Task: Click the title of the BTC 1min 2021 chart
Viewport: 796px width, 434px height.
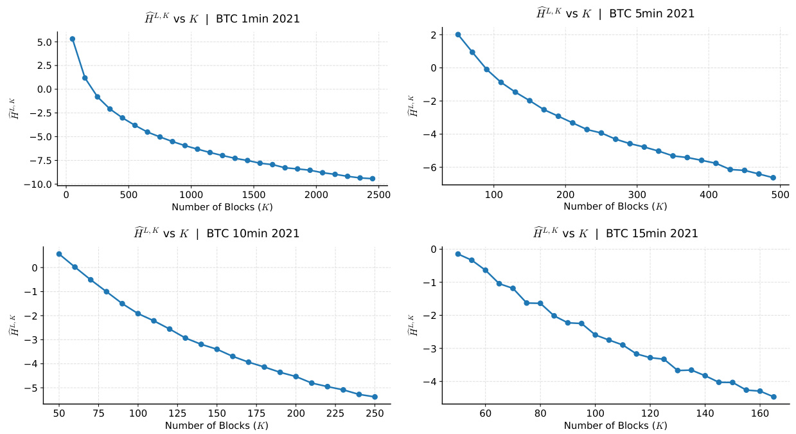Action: [x=222, y=19]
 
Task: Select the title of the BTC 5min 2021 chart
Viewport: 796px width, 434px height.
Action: [x=615, y=14]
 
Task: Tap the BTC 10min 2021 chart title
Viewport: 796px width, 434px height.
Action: [x=217, y=233]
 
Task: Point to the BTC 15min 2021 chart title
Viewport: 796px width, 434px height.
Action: [x=615, y=233]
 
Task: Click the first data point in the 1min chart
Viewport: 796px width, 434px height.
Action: [x=73, y=39]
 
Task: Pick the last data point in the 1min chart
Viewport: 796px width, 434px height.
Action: [x=373, y=179]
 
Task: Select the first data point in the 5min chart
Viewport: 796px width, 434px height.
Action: [x=458, y=35]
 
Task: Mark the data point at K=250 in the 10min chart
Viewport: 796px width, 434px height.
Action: [x=375, y=397]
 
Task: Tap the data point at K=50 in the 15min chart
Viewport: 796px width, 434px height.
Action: [x=458, y=254]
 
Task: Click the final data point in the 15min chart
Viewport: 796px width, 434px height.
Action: [x=774, y=397]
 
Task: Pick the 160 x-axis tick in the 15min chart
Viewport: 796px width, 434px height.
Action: [x=760, y=414]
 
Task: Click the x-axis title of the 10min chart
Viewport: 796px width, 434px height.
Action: [x=217, y=426]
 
